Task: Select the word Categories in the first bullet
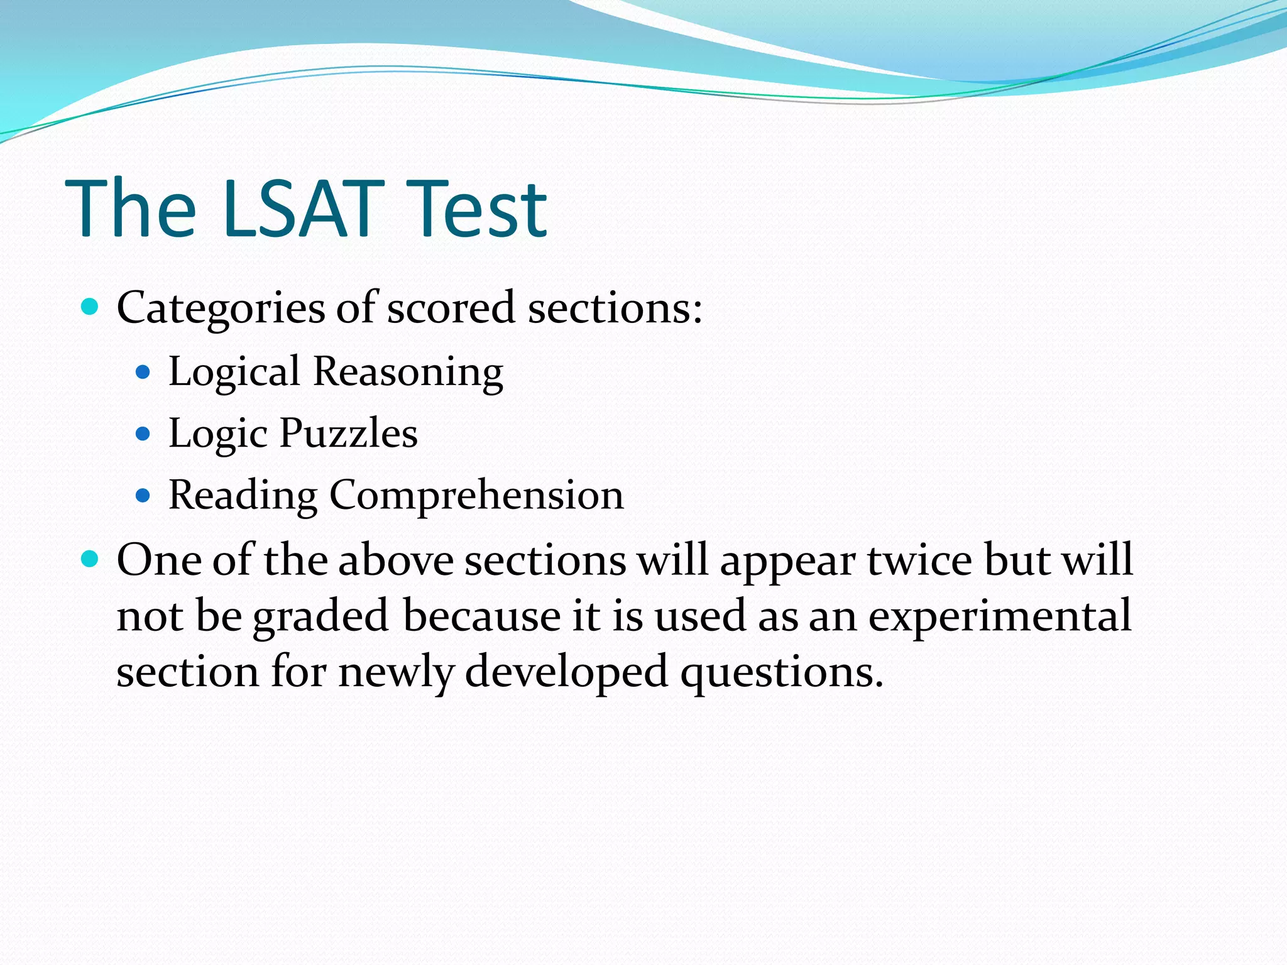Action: pos(221,308)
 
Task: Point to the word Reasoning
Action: pos(408,371)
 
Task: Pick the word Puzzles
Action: pos(348,433)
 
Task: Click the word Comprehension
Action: pos(476,495)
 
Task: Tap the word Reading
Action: pos(243,495)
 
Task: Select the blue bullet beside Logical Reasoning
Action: pos(143,373)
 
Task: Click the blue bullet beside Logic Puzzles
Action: pos(143,433)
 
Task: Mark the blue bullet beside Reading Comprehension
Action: pos(143,496)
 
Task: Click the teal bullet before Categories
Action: pos(90,307)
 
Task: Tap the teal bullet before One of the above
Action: pos(90,558)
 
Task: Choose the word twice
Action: pos(919,559)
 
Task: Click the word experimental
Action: pos(1000,616)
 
